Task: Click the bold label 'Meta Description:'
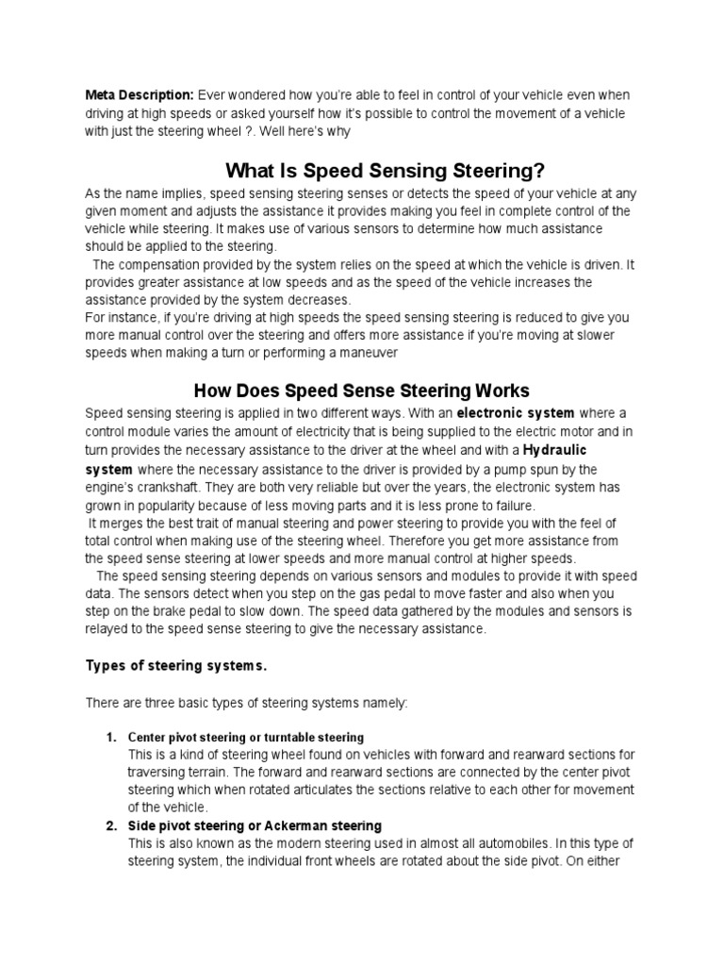(140, 95)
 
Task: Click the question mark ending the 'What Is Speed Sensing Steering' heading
(539, 171)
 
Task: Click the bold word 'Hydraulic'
(562, 449)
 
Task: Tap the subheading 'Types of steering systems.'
(176, 666)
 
